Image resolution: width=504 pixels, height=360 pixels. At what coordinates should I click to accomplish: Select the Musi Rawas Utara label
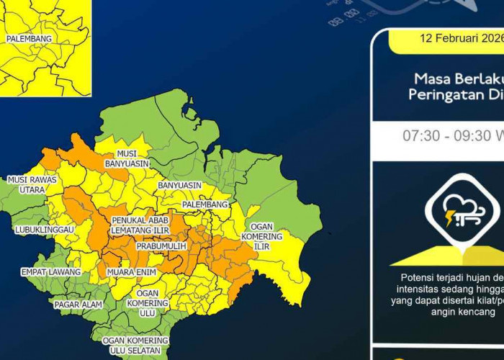coord(27,184)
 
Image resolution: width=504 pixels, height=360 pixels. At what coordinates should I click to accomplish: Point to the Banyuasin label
coord(179,185)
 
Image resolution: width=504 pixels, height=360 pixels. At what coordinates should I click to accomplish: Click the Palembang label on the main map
coord(204,204)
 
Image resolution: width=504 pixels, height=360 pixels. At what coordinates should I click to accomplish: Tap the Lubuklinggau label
coord(44,230)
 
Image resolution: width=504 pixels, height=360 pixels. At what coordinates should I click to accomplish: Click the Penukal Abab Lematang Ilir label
coord(141,225)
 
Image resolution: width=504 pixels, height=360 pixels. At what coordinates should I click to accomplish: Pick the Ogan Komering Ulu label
coord(147,303)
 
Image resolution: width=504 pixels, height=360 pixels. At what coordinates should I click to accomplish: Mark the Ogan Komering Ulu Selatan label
coord(135,345)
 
